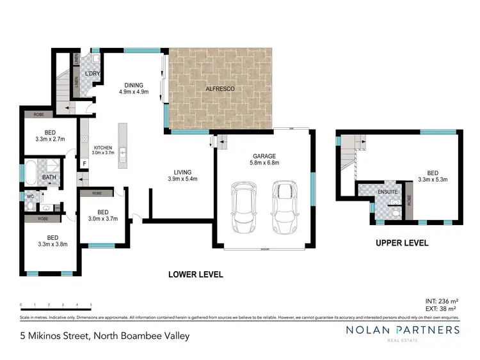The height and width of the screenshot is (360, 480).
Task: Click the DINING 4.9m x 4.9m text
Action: [x=134, y=88]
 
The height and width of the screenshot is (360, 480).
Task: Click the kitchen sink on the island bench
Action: [x=124, y=154]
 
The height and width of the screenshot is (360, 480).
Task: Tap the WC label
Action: [x=30, y=196]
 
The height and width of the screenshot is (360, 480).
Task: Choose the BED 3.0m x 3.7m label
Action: [x=102, y=216]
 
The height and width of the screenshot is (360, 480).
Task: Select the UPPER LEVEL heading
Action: [x=402, y=243]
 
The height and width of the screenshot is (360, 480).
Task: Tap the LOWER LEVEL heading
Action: [x=195, y=274]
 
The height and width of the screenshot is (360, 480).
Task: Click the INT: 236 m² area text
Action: [x=441, y=301]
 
